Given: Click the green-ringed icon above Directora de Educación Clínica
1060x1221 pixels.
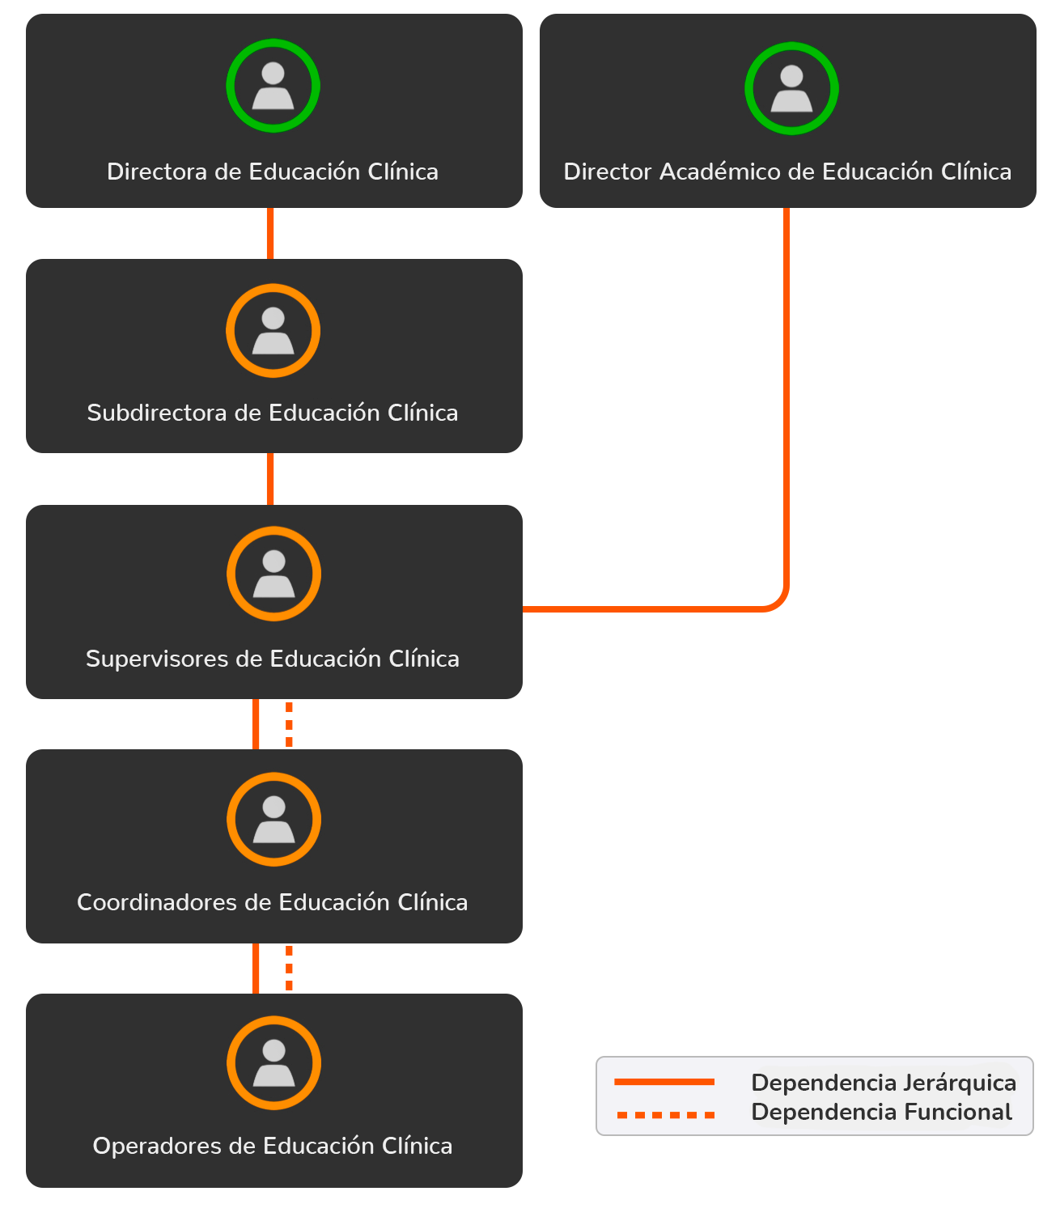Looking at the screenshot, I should click(273, 85).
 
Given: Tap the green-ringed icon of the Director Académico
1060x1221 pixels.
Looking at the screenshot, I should click(791, 88).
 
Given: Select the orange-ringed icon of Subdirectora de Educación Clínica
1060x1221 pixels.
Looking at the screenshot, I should click(273, 330).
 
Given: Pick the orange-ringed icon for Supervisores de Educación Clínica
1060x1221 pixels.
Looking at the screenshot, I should click(273, 574).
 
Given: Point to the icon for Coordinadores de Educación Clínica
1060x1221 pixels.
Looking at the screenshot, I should click(273, 819).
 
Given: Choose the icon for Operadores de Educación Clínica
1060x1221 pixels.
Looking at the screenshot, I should click(273, 1062).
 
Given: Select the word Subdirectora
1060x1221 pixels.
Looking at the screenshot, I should click(157, 413).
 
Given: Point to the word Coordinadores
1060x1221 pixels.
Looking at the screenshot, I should click(157, 902).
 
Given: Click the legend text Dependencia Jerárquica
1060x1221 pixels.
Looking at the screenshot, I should click(883, 1083).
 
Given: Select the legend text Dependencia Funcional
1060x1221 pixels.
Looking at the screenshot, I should click(881, 1112).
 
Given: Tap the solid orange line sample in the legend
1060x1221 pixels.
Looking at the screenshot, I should click(664, 1082).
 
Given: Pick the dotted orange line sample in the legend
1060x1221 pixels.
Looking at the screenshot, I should click(665, 1115).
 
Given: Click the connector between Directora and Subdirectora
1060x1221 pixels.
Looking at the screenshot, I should click(270, 233).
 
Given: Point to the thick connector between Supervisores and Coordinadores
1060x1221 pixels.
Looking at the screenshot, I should click(272, 724).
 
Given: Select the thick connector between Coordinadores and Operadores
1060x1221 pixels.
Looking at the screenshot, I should click(272, 968).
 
